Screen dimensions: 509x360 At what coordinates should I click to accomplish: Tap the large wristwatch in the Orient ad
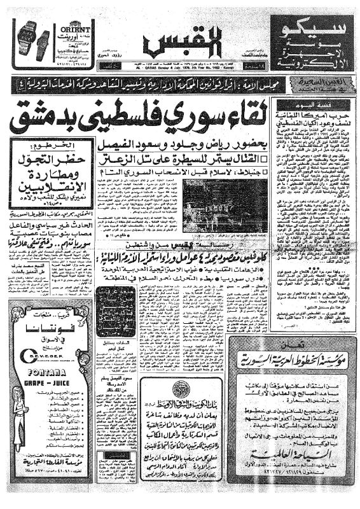tap(29, 38)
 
